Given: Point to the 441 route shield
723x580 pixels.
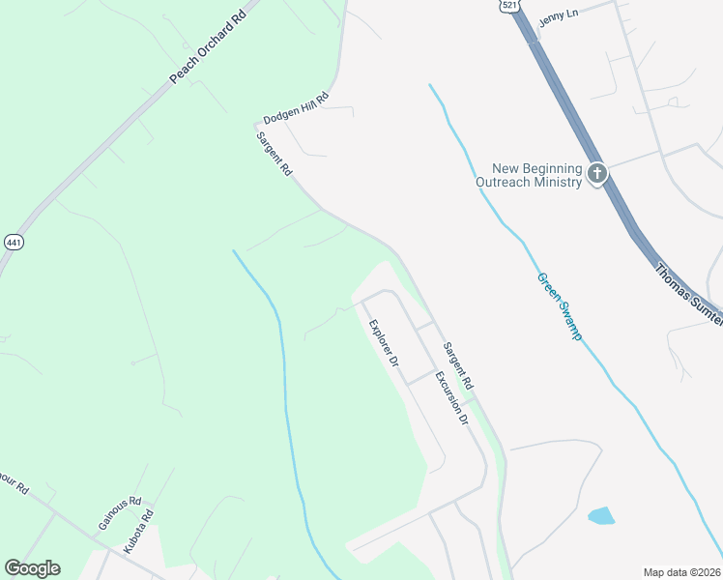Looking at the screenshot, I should (x=13, y=242).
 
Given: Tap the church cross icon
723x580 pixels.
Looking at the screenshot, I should (x=597, y=174).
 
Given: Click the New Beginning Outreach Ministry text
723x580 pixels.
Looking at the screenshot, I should (x=530, y=175).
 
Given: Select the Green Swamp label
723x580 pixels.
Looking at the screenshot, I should (x=560, y=306).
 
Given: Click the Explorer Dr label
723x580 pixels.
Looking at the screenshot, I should (x=383, y=342).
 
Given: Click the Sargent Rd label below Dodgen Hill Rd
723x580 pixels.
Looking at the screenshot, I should (x=275, y=154).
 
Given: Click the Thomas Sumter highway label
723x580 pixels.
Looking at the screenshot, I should (x=687, y=294).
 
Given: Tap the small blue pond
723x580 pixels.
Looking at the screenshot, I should (x=600, y=515).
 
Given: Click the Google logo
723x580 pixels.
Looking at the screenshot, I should (x=32, y=568).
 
